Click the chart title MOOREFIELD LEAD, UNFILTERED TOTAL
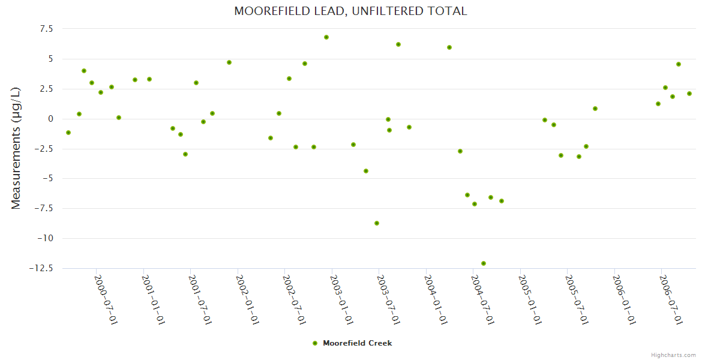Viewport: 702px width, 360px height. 350,11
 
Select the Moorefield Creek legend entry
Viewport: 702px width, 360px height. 353,343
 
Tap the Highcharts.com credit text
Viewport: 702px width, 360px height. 673,355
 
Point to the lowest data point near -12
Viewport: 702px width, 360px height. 484,263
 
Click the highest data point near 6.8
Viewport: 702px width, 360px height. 326,37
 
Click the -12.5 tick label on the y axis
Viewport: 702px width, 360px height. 41,268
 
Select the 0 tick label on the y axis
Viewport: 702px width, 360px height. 50,119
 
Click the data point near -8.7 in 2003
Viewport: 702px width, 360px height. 377,223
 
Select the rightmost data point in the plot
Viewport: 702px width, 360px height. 689,94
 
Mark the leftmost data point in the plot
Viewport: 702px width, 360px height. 68,133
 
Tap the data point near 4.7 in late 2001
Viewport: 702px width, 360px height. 229,62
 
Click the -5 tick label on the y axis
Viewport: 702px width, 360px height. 47,179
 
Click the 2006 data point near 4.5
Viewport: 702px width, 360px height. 679,64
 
